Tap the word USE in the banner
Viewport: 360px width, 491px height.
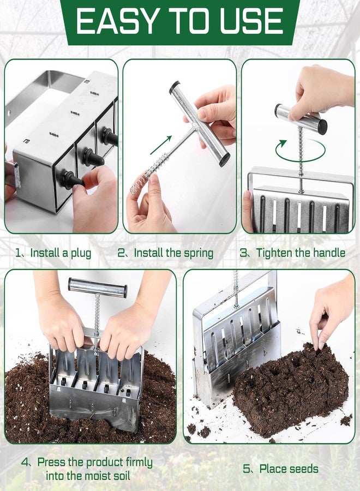coord(251,21)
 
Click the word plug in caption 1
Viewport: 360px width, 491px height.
coord(81,253)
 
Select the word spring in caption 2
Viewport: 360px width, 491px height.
coord(199,253)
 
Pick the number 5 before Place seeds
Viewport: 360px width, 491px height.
coord(247,469)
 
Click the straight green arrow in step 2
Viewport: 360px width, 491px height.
coord(161,145)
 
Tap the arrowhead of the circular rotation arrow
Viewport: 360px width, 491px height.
coord(283,143)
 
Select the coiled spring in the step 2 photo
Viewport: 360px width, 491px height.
coord(149,174)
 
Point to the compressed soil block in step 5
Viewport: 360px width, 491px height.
coord(291,389)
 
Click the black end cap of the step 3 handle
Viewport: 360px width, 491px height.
coord(322,127)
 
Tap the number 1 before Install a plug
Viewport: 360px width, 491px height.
coord(18,253)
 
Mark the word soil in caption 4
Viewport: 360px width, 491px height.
coord(120,476)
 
